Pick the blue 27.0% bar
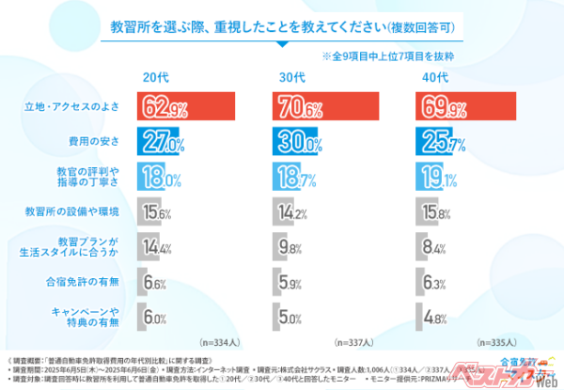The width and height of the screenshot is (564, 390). point(162,141)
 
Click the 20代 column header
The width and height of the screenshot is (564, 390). point(156,77)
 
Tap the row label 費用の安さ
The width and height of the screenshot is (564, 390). point(95,141)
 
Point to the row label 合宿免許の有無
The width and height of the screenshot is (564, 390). point(84,282)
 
